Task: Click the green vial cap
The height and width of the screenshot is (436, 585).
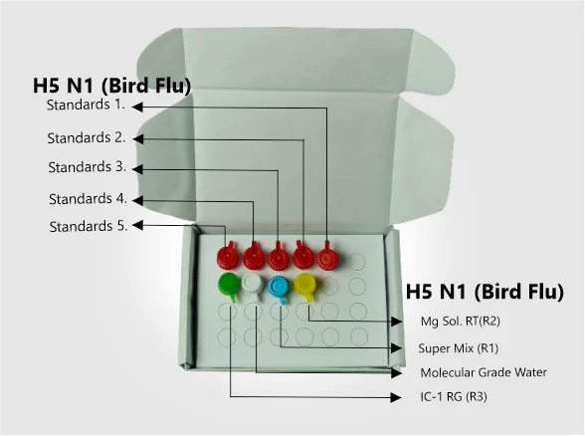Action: pos(228,286)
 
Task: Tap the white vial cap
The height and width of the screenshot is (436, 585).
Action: pos(253,286)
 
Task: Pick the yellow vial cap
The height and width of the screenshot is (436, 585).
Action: pos(305,286)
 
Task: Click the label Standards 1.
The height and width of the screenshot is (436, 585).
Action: pos(86,105)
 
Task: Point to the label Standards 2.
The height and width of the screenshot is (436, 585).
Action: pos(87,137)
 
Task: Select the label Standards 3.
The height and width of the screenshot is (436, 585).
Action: pos(88,167)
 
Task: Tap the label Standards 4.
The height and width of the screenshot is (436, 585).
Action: pos(88,199)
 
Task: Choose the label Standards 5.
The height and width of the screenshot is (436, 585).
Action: pos(89,226)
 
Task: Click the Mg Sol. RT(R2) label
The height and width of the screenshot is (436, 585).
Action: pos(460,321)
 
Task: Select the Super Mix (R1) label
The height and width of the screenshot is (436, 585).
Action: pos(458,348)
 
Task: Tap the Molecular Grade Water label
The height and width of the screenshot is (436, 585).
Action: pos(484,372)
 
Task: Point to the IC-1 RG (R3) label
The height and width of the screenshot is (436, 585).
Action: pos(454,396)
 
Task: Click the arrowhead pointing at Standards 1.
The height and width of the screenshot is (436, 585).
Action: pos(137,107)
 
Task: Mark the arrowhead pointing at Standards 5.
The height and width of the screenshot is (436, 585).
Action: pos(137,225)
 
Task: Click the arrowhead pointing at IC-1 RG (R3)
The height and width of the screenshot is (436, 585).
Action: pos(396,397)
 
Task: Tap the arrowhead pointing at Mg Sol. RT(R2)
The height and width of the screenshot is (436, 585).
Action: pos(396,322)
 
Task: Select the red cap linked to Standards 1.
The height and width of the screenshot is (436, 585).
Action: pos(328,257)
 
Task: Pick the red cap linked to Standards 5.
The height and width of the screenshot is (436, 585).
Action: pos(228,256)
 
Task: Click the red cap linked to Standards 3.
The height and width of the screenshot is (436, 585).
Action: pos(279,258)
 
